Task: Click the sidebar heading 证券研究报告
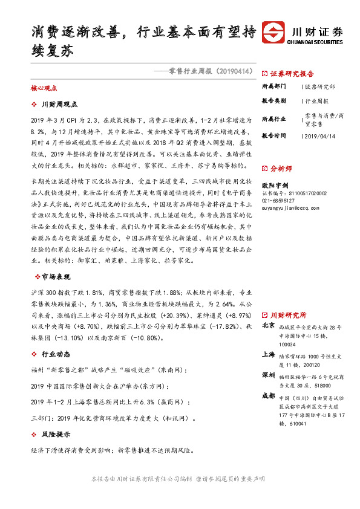pos(292,74)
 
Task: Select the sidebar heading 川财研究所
pos(287,315)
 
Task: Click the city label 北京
pos(268,326)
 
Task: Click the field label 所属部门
pos(273,87)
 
